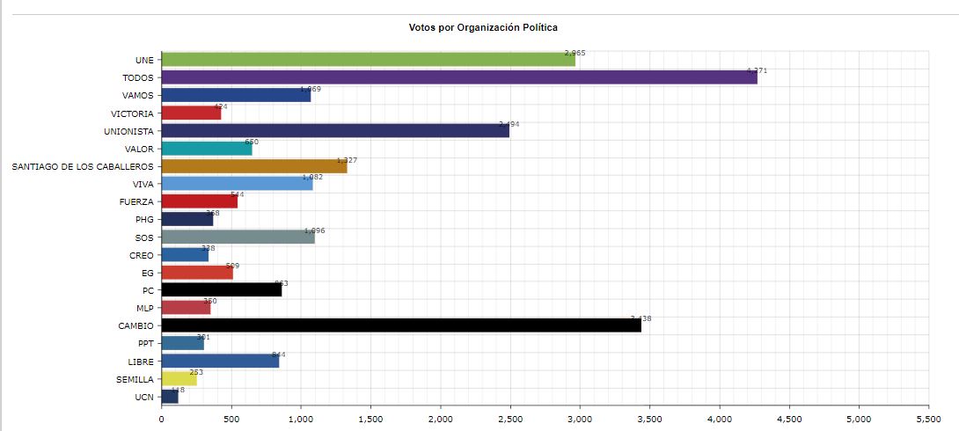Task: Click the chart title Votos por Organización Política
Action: (483, 28)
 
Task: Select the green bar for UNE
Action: (369, 60)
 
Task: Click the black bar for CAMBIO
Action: (401, 325)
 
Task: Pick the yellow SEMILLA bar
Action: (179, 379)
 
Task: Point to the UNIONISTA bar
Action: (336, 131)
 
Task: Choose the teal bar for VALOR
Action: (207, 149)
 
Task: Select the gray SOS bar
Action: (238, 237)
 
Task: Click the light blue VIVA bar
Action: (238, 184)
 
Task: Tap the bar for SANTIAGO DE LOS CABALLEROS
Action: (254, 166)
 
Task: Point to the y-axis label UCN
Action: (145, 397)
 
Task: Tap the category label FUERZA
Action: (139, 201)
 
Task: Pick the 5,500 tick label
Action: (928, 420)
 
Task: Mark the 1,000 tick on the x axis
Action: (301, 420)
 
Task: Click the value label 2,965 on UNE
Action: (575, 54)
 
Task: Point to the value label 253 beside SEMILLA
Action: (196, 372)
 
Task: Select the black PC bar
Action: (222, 290)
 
